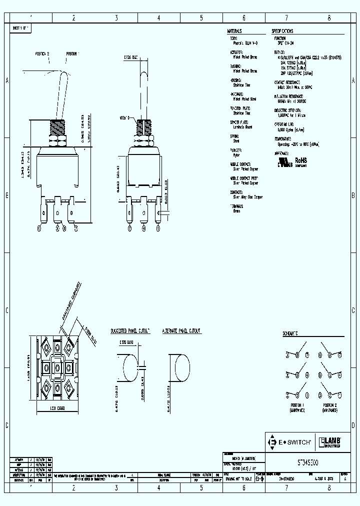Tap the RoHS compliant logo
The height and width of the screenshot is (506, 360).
(301, 160)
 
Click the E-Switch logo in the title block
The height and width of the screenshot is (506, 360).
(290, 442)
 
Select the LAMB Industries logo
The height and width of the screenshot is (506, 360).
(330, 442)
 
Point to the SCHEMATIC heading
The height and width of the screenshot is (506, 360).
(290, 333)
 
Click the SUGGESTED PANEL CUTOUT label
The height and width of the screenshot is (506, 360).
(130, 331)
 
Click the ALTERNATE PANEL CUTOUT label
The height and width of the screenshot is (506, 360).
(181, 331)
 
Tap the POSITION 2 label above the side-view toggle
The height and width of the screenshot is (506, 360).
(42, 53)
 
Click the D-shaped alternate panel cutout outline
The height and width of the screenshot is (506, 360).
(179, 369)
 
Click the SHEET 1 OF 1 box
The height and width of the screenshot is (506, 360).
(21, 29)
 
